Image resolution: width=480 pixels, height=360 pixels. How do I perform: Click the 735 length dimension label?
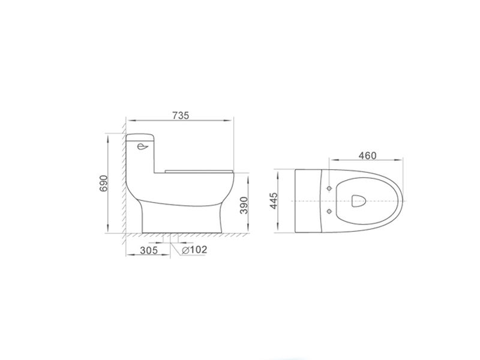click(181, 115)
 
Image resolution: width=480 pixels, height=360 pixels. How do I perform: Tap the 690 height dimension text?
click(104, 184)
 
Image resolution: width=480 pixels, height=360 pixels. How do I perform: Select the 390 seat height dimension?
click(244, 205)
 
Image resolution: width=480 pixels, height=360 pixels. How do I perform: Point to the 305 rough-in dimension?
click(149, 250)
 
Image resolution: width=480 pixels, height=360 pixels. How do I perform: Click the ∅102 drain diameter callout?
click(194, 250)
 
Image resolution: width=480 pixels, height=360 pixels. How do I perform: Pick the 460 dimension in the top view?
click(367, 155)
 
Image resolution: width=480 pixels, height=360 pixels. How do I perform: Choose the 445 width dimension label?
click(274, 201)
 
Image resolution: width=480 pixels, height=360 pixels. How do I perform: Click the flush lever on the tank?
click(143, 147)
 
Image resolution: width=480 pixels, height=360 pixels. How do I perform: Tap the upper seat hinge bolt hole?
click(329, 188)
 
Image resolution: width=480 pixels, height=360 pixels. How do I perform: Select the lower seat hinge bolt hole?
click(329, 211)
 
